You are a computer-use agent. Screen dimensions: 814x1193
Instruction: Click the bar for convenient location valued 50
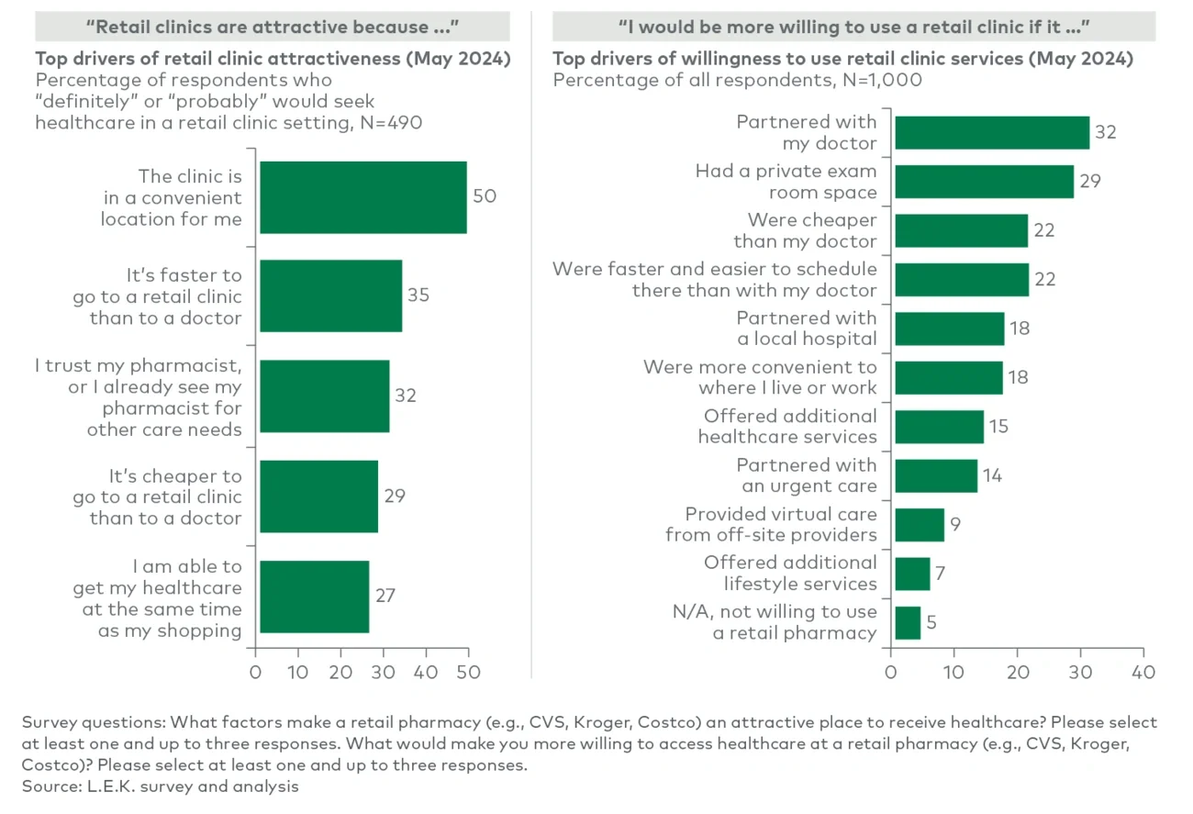tap(362, 197)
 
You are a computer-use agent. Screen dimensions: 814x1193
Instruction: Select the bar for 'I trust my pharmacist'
tap(324, 396)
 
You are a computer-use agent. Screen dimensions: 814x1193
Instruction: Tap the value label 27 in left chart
tap(385, 596)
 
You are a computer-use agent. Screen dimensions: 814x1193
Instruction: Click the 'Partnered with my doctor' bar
tap(992, 133)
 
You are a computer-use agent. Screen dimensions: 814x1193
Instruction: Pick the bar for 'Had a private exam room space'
tap(984, 182)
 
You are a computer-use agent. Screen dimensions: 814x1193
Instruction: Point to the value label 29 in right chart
tap(1090, 182)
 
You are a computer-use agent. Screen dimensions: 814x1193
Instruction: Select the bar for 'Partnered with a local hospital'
tap(950, 329)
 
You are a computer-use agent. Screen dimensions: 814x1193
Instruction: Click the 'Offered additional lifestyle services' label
tap(790, 574)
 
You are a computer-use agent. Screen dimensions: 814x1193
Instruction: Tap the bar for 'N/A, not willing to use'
tap(908, 622)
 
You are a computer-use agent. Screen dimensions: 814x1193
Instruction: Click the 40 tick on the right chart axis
tap(1143, 672)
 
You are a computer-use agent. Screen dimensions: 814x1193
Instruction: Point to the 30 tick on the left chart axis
tap(383, 672)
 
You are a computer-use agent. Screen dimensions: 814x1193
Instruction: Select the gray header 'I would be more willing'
tap(854, 26)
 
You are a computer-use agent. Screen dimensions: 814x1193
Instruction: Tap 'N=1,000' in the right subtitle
tap(883, 80)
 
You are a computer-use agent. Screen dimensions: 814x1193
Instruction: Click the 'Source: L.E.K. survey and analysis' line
tap(161, 786)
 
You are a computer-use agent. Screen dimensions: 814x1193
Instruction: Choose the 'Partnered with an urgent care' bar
tap(936, 475)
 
